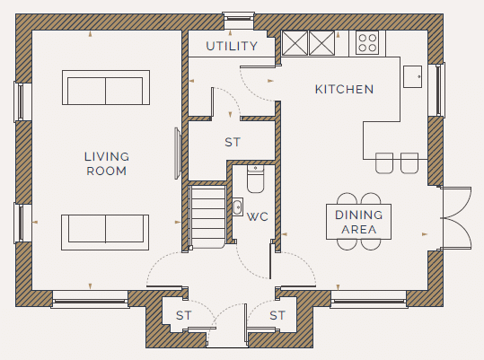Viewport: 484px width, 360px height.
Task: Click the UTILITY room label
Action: pyautogui.click(x=232, y=46)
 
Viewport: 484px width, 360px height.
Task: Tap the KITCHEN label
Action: pyautogui.click(x=344, y=89)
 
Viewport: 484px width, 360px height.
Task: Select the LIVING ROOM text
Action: pyautogui.click(x=107, y=163)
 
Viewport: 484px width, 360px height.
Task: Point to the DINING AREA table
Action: pyautogui.click(x=358, y=222)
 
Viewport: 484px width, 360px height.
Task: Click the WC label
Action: pyautogui.click(x=258, y=216)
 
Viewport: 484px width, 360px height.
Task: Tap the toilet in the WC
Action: pyautogui.click(x=255, y=179)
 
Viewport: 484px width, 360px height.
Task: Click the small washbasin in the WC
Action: pyautogui.click(x=237, y=206)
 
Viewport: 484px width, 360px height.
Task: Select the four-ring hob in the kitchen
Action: pyautogui.click(x=367, y=43)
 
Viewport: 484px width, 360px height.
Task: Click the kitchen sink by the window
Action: pyautogui.click(x=412, y=76)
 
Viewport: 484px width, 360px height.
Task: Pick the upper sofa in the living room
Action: pyautogui.click(x=106, y=88)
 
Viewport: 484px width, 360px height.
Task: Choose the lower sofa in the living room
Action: pyautogui.click(x=105, y=233)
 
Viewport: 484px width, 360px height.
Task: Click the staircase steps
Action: pyautogui.click(x=208, y=216)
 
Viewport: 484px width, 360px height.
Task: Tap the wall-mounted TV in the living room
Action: pyautogui.click(x=177, y=154)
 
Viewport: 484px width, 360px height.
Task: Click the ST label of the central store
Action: pyautogui.click(x=232, y=142)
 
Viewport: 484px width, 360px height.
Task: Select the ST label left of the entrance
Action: pyautogui.click(x=184, y=315)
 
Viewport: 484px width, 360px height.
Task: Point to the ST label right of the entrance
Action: pyautogui.click(x=277, y=315)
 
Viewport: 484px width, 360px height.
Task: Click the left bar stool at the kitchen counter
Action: pyautogui.click(x=384, y=162)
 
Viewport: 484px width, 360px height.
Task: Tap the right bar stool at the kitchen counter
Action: pyautogui.click(x=409, y=162)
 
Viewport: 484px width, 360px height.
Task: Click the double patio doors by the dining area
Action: pyautogui.click(x=455, y=217)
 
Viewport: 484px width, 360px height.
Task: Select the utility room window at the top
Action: pyautogui.click(x=238, y=18)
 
